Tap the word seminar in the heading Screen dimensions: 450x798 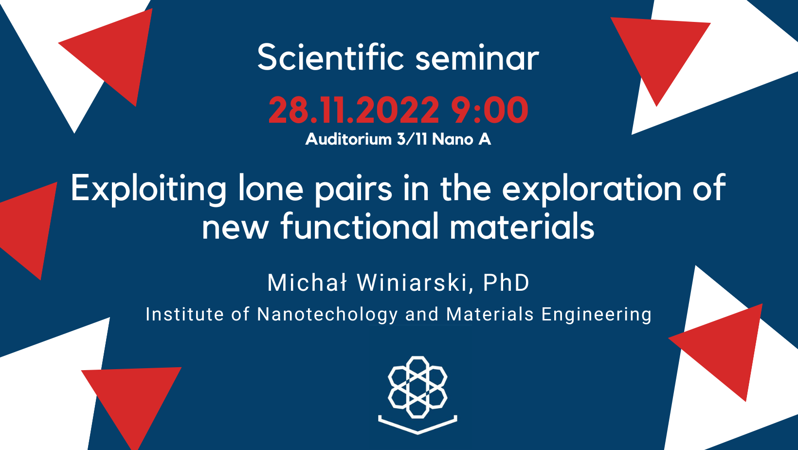(x=477, y=58)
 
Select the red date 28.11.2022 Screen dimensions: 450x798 (x=354, y=110)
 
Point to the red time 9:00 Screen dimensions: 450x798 (x=489, y=110)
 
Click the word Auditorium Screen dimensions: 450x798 (x=348, y=139)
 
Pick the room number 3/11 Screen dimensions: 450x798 (x=412, y=139)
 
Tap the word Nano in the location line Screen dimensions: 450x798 (x=453, y=139)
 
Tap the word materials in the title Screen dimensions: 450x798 (x=522, y=227)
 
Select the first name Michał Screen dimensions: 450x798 (x=307, y=282)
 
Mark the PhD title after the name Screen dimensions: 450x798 (x=506, y=282)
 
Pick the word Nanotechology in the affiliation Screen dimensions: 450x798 (x=327, y=315)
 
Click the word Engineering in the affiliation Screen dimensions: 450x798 (x=597, y=315)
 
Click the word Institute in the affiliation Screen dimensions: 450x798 (x=185, y=315)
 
